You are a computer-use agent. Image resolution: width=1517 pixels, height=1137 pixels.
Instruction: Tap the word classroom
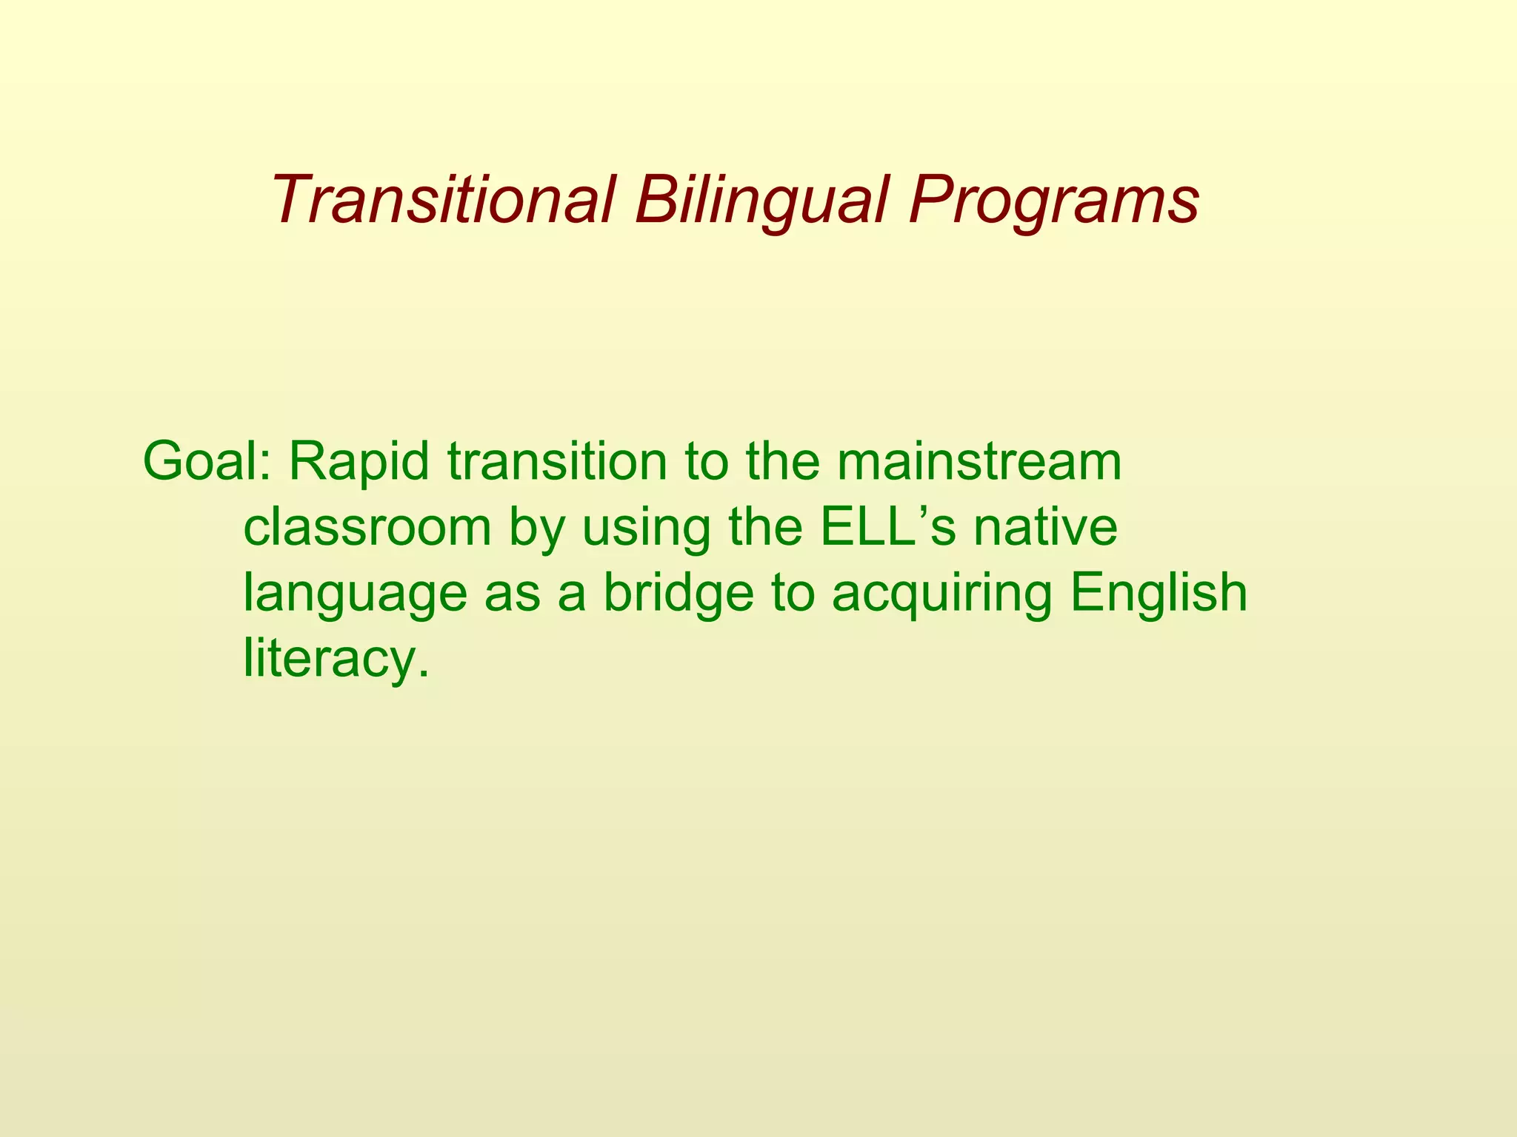click(x=367, y=527)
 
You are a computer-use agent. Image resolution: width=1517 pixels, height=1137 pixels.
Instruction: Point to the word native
click(x=1045, y=527)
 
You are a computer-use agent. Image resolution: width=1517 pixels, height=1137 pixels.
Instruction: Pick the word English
click(x=1159, y=594)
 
